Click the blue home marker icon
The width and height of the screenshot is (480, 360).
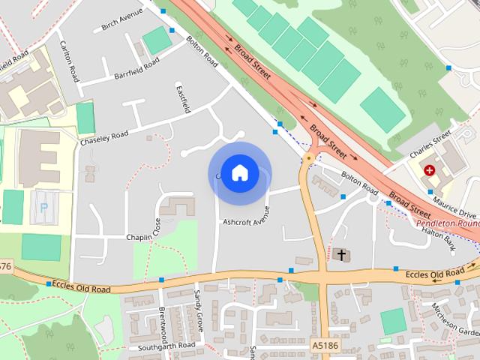[x=239, y=173]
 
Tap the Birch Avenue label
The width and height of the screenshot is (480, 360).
[x=122, y=21]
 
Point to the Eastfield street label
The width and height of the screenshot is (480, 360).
[x=182, y=99]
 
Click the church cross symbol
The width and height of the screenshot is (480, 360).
[x=341, y=255]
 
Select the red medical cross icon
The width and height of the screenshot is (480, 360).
[x=429, y=170]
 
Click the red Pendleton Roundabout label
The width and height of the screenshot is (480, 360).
[x=448, y=223]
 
